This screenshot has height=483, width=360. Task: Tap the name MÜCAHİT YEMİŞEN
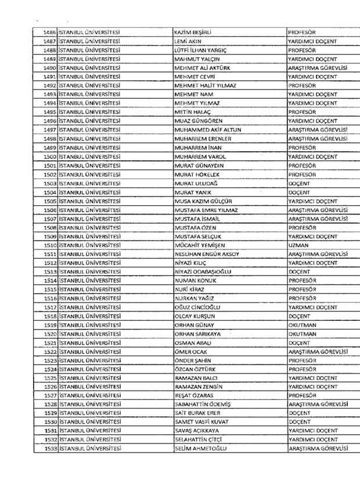200,245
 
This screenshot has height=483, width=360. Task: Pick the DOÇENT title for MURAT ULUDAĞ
299,183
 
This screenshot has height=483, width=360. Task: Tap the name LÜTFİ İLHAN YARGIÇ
200,50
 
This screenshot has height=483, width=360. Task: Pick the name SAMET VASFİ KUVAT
201,421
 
